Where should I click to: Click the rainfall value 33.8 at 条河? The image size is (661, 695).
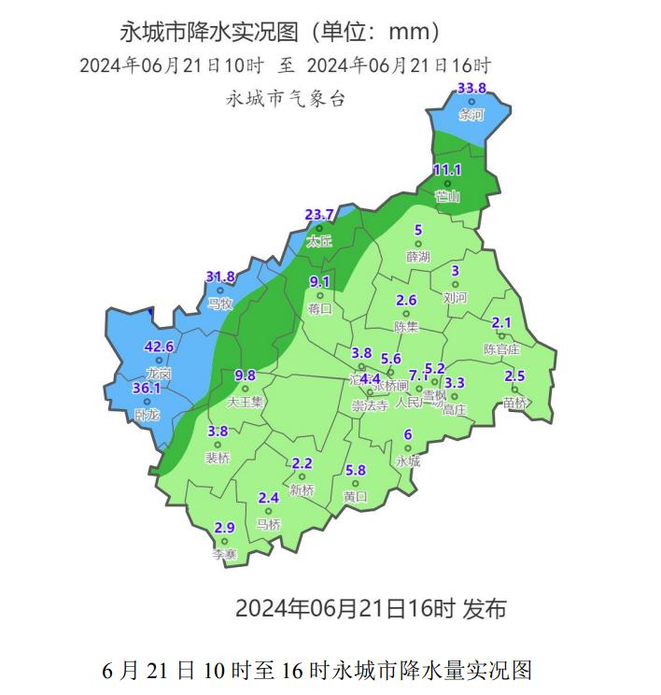[x=472, y=89]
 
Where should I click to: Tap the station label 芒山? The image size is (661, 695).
[x=448, y=197]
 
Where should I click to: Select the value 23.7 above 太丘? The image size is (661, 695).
[x=319, y=215]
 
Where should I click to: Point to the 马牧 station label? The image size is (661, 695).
[x=219, y=304]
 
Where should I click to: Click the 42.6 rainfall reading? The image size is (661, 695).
[x=159, y=347]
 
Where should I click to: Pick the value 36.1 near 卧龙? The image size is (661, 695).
[x=147, y=389]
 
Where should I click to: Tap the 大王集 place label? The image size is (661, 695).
[x=246, y=402]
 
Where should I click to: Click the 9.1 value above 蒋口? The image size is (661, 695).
[x=319, y=282]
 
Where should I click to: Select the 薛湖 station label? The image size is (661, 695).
[x=418, y=256]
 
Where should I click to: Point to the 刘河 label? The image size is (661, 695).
[x=455, y=298]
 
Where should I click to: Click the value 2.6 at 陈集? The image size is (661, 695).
[x=406, y=301]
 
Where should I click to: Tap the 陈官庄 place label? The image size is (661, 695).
[x=501, y=348]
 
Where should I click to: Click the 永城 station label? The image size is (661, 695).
[x=408, y=461]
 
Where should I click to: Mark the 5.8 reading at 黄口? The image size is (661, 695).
[x=356, y=470]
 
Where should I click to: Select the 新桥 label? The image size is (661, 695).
[x=302, y=490]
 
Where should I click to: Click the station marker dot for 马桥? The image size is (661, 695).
[x=269, y=510]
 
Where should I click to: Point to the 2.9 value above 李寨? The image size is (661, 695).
[x=224, y=528]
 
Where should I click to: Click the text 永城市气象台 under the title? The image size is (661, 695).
[x=286, y=98]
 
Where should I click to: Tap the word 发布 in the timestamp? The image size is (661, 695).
[x=485, y=609]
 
